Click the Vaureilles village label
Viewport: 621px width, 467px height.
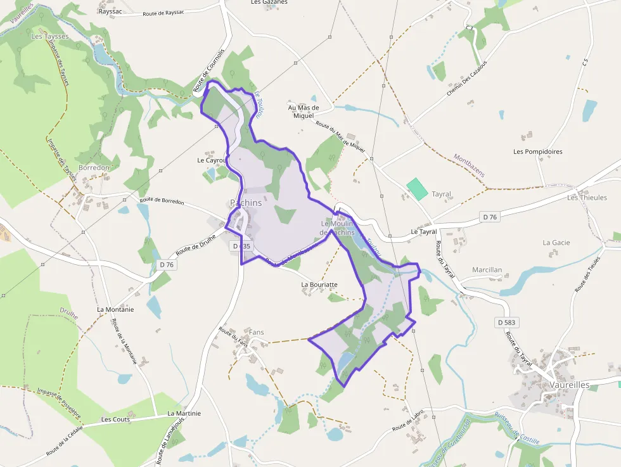click(570, 385)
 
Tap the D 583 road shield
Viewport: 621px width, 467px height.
click(507, 323)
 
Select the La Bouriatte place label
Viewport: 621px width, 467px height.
click(319, 285)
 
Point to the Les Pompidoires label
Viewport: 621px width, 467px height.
click(538, 151)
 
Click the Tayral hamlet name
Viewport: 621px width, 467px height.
click(441, 194)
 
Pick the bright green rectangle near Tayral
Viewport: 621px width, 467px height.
click(416, 189)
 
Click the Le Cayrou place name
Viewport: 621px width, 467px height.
click(212, 160)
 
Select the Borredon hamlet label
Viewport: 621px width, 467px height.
click(94, 168)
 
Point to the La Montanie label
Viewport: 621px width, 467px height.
click(115, 309)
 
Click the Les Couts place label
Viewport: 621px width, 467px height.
click(115, 419)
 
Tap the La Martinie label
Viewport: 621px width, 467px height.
click(184, 413)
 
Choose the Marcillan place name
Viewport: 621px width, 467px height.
click(487, 269)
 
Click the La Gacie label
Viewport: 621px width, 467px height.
click(556, 242)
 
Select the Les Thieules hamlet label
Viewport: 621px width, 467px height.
click(587, 197)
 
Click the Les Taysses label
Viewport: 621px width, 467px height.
click(49, 37)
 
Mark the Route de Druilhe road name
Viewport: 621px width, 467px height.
click(196, 245)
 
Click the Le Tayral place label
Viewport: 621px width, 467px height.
click(424, 232)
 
